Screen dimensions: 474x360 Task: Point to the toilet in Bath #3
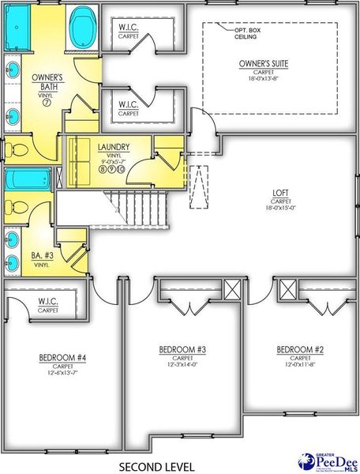point(17,208)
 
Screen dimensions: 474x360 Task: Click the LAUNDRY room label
point(113,147)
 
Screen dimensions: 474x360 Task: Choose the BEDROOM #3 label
point(182,349)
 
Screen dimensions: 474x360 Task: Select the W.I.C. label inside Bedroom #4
point(47,301)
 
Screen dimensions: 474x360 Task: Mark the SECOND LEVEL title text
point(156,466)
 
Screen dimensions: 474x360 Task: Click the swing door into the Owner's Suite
point(204,123)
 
